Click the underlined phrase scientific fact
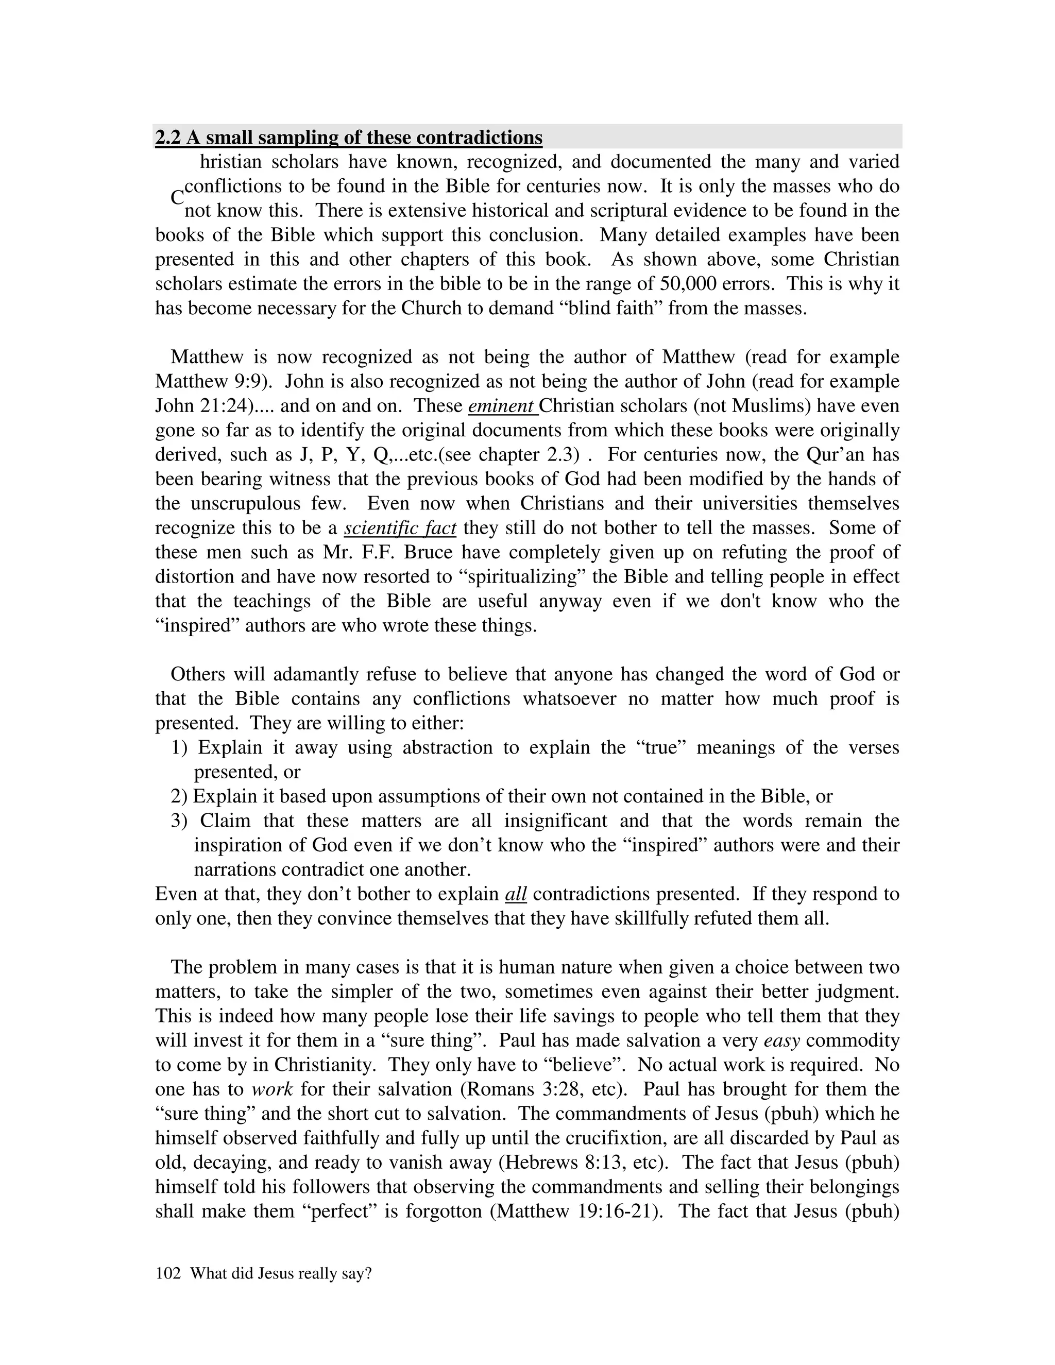(400, 528)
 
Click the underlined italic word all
(516, 894)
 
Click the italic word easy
(782, 1040)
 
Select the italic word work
(272, 1089)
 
